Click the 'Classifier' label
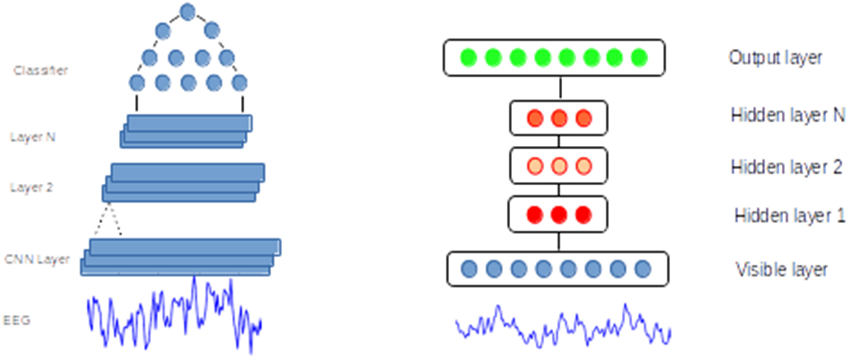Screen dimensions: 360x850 tap(41, 71)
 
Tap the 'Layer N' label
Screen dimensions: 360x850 tap(33, 137)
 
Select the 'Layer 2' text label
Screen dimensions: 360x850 tap(32, 187)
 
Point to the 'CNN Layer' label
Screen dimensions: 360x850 tap(37, 259)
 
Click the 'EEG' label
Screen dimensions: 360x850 tap(17, 320)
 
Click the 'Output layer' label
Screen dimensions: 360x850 tap(775, 58)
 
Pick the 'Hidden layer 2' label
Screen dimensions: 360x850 tap(787, 167)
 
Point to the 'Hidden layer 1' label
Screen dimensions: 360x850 tap(790, 216)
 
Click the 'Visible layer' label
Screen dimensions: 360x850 tap(781, 270)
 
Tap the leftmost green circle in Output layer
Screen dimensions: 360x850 tap(469, 57)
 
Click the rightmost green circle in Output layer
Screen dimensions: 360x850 tap(639, 57)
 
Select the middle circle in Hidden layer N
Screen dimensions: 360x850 tap(559, 118)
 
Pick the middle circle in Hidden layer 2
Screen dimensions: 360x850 tap(559, 166)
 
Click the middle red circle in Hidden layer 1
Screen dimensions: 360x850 tap(558, 215)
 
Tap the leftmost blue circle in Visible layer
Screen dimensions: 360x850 tap(469, 269)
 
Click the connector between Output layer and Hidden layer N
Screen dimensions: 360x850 tap(560, 88)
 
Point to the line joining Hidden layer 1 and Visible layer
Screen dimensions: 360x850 tap(559, 241)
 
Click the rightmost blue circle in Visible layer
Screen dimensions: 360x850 tap(643, 269)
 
